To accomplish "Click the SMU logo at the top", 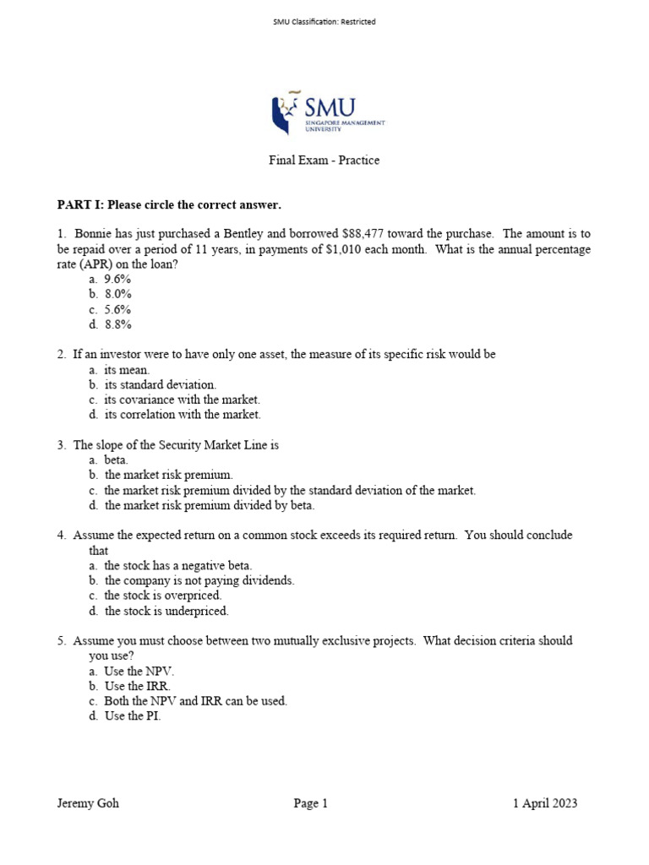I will click(327, 113).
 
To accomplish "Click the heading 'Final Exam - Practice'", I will click(324, 160).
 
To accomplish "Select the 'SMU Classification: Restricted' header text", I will click(324, 22).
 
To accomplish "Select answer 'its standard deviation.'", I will click(160, 384).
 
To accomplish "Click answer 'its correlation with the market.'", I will click(183, 415).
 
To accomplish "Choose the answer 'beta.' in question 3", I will click(116, 460).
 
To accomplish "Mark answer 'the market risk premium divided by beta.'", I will click(209, 505).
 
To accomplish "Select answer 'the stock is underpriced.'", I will click(166, 611).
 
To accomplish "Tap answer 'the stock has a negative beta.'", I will click(177, 566).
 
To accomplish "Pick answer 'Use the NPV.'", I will click(139, 671).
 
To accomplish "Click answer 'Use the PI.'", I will click(132, 716).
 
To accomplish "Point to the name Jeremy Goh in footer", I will click(88, 803).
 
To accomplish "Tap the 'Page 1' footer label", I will click(311, 803).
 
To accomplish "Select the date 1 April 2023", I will click(545, 803).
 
